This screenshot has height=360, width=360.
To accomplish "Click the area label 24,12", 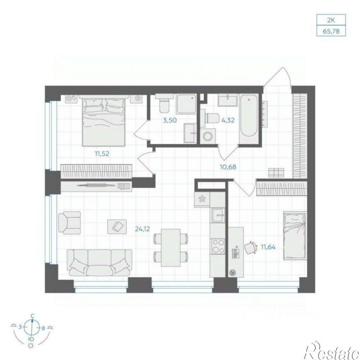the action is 143,229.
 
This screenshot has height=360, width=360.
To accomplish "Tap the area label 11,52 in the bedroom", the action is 102,153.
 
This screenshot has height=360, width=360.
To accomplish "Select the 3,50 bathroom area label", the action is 170,120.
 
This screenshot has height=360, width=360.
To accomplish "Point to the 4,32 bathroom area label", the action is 227,120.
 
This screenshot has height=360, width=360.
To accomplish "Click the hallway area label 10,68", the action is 228,167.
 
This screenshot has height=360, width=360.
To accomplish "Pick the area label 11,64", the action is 268,247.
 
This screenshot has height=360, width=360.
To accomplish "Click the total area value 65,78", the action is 331,31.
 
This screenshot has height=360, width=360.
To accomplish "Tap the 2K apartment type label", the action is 331,20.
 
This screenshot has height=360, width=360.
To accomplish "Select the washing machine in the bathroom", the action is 208,137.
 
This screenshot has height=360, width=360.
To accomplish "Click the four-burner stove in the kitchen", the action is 218,246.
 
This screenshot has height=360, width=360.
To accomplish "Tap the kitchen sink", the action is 218,216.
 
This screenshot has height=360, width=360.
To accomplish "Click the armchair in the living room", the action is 70,223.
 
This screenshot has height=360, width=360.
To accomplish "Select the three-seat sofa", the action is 99,263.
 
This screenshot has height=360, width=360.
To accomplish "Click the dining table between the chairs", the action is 171,248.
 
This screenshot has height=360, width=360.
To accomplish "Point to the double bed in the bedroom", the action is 104,122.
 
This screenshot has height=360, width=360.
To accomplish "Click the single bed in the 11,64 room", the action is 295,236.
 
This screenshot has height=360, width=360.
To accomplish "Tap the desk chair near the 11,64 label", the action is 250,247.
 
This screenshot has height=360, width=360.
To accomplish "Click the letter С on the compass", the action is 33,316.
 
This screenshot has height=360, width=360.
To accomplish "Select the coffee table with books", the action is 117,226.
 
